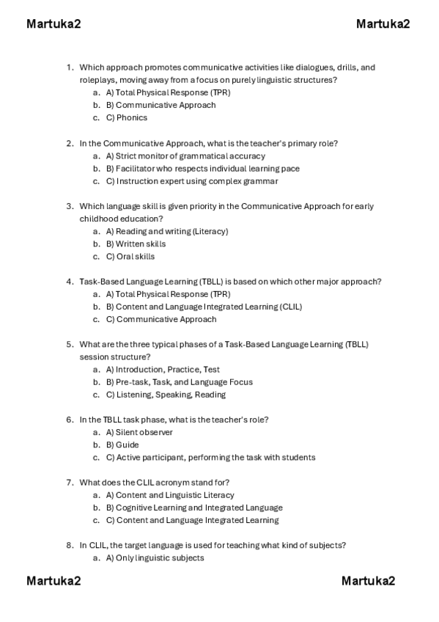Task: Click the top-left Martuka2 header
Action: point(54,24)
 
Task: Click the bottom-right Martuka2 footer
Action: point(368,581)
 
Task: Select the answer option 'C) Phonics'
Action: point(126,117)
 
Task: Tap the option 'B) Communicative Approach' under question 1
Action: point(161,105)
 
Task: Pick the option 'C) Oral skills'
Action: point(130,257)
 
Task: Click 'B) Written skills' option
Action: point(136,244)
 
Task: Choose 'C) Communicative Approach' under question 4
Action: point(161,319)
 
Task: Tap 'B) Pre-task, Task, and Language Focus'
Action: point(179,381)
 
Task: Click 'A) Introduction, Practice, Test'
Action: point(163,370)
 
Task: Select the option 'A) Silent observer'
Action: point(139,432)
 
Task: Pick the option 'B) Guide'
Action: point(122,444)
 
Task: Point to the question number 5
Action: point(70,344)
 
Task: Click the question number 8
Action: point(70,545)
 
